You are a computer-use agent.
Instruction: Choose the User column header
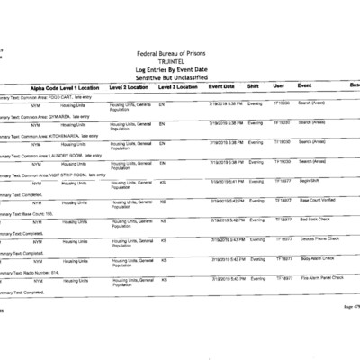279,86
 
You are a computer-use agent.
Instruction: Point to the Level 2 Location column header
130,87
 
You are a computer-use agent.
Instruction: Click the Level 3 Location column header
177,87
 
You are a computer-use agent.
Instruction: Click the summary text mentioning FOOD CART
45,96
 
